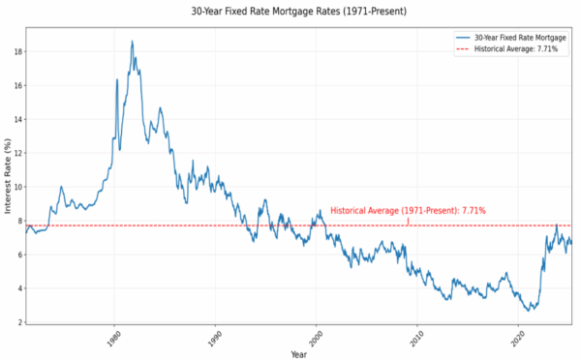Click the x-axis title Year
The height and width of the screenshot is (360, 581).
297,354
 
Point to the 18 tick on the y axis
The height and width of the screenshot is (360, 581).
16,51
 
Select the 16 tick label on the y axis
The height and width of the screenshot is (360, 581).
16,85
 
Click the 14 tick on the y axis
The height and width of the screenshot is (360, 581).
16,119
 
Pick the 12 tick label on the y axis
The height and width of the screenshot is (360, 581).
16,153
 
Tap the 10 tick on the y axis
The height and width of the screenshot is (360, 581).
16,187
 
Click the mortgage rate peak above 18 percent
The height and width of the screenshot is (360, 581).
132,42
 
